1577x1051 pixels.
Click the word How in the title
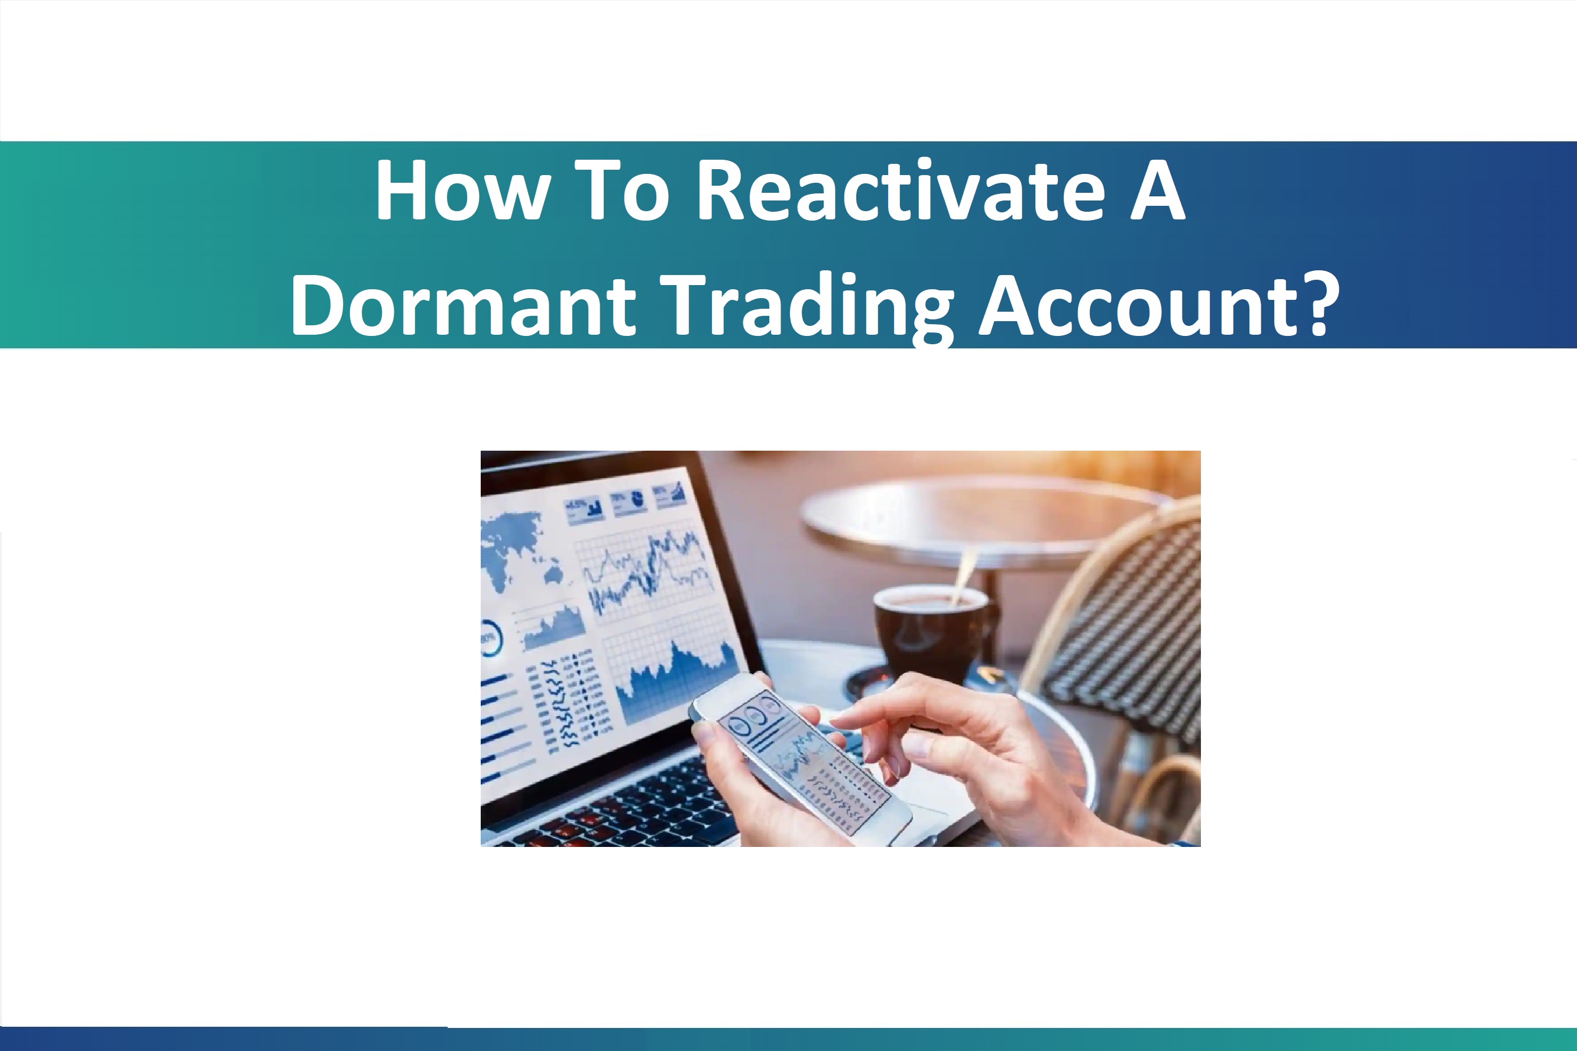463,192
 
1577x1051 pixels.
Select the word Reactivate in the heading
901,192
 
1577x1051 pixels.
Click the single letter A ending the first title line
1158,192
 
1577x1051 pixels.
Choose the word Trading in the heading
807,307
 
